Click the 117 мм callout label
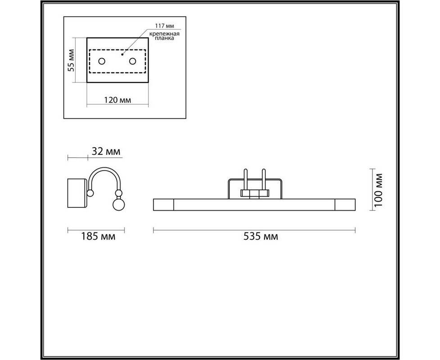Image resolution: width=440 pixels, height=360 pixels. [x=165, y=26]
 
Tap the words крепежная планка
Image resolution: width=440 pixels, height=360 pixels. [x=164, y=36]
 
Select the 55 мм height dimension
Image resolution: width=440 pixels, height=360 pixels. [x=71, y=60]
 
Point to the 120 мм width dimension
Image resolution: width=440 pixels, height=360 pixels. [x=117, y=100]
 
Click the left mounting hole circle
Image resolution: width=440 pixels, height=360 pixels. [x=102, y=61]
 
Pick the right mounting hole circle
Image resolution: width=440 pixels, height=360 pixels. [x=132, y=61]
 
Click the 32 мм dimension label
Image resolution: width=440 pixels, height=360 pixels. [x=106, y=152]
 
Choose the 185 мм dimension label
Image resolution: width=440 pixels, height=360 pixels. [x=98, y=237]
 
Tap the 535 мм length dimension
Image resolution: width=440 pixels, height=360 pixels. [x=260, y=237]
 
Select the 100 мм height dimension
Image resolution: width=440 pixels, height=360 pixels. [x=378, y=190]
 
